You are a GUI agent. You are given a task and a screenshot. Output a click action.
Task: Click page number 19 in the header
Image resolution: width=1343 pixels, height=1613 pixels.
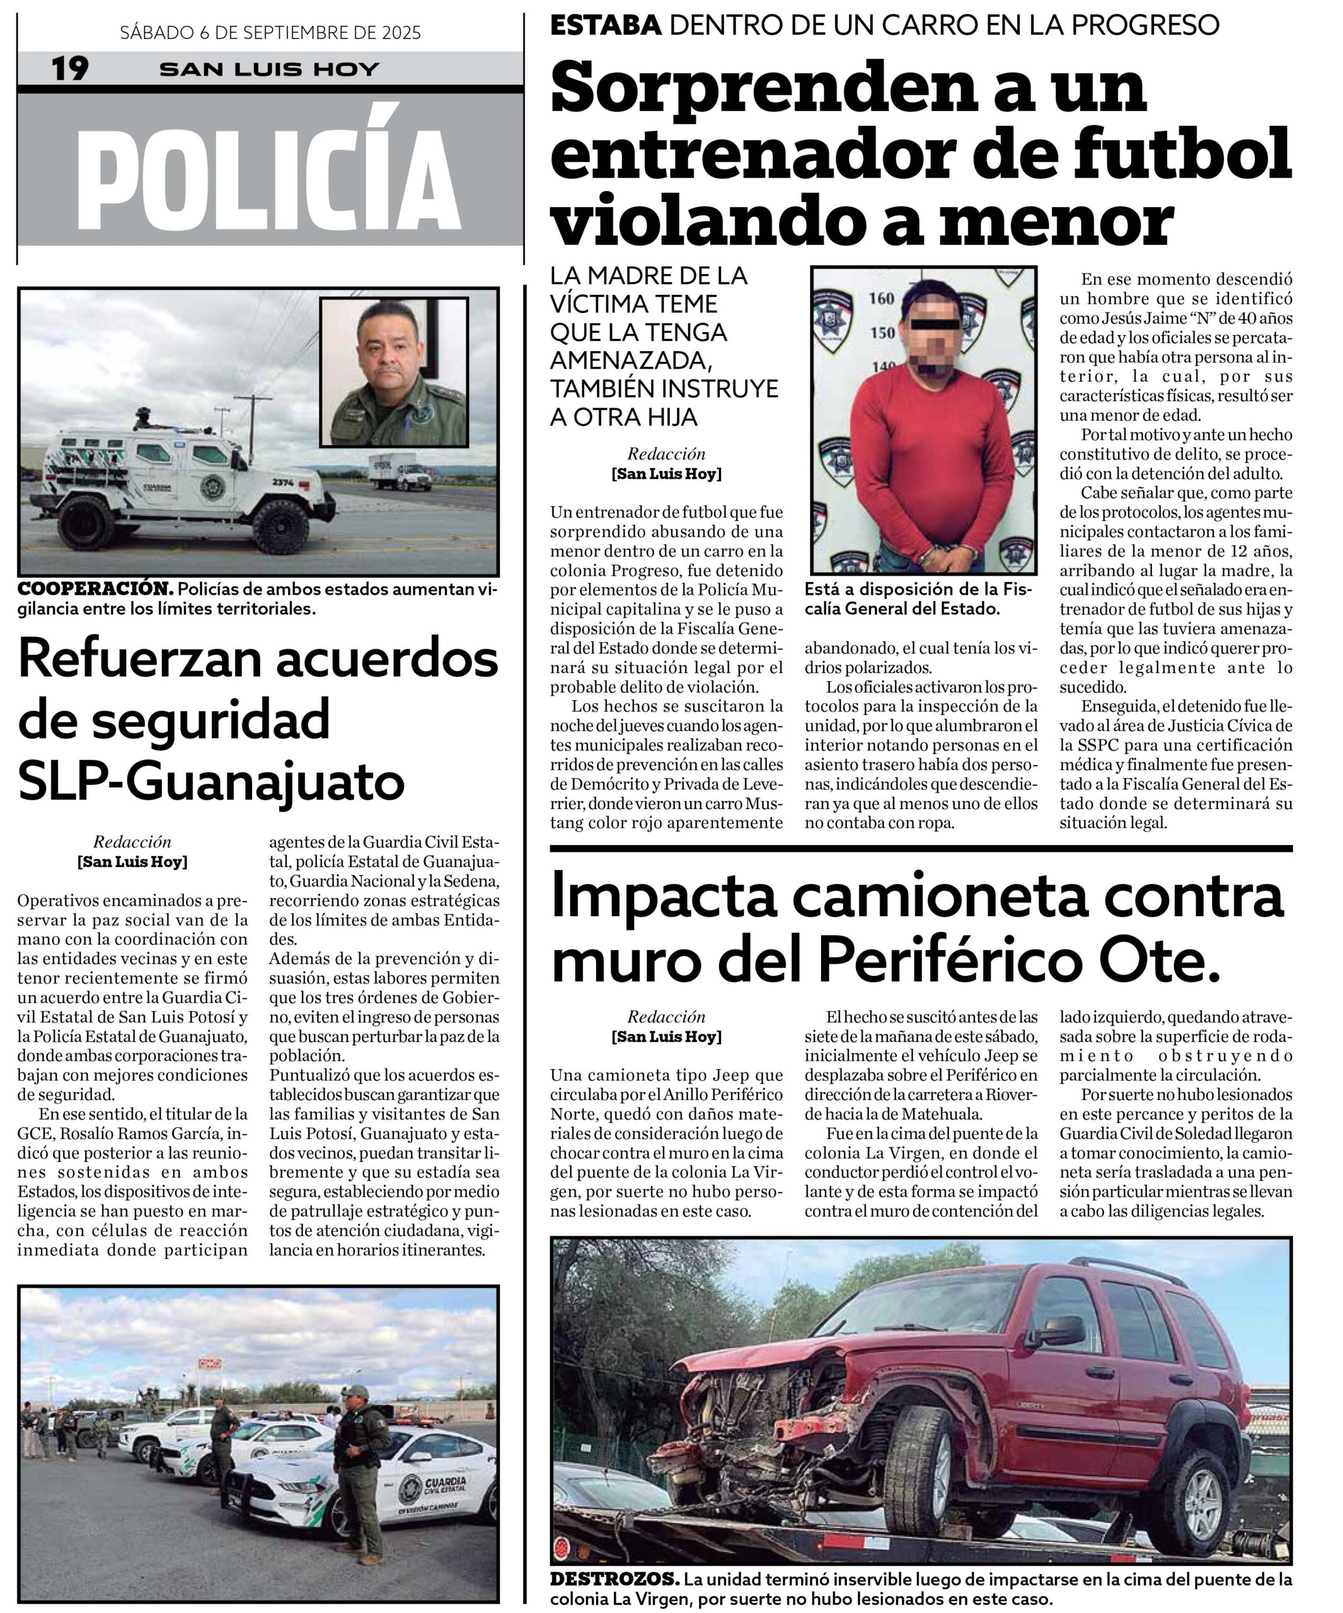(70, 69)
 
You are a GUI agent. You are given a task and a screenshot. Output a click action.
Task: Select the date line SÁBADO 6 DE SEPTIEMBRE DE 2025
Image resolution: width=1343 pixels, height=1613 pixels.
(270, 32)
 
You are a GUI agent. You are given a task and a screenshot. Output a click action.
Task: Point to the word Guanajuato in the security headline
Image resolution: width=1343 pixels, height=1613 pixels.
(265, 781)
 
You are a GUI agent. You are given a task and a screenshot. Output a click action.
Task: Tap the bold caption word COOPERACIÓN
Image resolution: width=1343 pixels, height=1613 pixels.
(96, 589)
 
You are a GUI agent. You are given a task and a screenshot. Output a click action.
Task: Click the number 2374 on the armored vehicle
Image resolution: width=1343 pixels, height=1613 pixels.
(284, 483)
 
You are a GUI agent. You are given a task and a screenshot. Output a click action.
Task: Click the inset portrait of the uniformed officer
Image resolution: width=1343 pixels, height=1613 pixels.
(394, 372)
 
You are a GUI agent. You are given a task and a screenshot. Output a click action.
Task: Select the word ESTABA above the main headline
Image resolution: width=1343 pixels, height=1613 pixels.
(606, 25)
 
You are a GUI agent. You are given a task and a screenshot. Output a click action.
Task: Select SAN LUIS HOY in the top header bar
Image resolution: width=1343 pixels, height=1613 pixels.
(270, 69)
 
